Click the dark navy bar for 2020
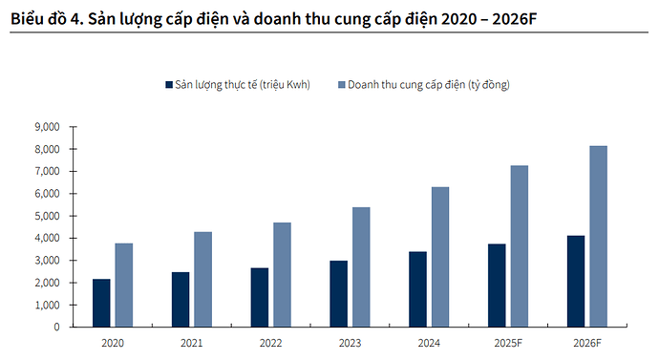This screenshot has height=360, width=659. coord(101,303)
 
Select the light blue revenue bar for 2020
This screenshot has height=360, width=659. coord(124,285)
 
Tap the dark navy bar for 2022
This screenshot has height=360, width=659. coord(259,297)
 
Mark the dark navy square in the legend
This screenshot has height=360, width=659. coord(168,86)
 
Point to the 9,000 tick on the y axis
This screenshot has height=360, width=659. coord(47,127)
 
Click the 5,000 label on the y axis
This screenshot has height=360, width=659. coord(47,216)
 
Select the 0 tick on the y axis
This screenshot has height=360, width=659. coord(56,327)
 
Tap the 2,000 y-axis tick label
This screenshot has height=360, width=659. coord(47,283)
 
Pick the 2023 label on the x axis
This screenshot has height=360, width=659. coord(350,341)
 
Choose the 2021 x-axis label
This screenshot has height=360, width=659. coord(192,341)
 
